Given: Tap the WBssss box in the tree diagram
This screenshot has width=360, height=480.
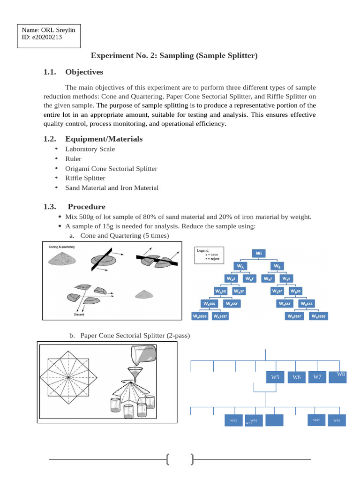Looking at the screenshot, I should coord(317,316).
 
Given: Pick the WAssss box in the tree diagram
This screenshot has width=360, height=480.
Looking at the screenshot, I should coord(200,316).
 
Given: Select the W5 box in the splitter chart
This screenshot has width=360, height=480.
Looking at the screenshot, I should coord(275,377).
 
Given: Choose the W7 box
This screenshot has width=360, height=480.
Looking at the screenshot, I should coord(317,376).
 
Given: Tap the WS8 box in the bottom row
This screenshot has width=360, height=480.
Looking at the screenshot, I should coord(337,421).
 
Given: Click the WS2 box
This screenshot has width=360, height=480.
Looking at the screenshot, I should coord(233,421).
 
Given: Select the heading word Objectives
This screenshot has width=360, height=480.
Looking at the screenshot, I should coord(84,72).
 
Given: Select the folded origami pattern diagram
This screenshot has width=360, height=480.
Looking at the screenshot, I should coord(68,377).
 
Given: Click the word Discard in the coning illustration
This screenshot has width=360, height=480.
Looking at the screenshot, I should coord(79,315).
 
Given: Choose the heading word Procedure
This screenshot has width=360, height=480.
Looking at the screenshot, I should coord(87,207).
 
